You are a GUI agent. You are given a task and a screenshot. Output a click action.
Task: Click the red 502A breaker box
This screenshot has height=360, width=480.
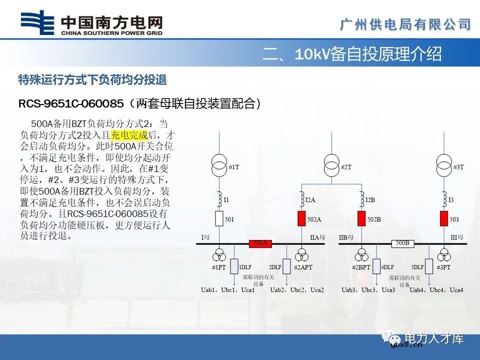click(302, 219)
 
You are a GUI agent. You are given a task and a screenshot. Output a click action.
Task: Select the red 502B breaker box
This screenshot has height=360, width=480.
click(361, 219)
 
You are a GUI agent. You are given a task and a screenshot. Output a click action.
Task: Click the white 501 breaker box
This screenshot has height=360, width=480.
click(218, 219)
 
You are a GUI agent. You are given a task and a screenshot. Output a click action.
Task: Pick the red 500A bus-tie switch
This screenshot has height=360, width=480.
click(260, 243)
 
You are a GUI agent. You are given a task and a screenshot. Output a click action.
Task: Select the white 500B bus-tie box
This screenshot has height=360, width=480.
click(402, 243)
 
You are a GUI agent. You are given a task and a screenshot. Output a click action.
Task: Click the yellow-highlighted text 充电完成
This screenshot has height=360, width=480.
click(129, 135)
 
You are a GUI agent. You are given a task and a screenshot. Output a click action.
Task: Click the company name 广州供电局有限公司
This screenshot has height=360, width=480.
click(405, 23)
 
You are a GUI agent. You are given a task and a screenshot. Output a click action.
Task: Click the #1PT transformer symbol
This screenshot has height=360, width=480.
click(218, 256)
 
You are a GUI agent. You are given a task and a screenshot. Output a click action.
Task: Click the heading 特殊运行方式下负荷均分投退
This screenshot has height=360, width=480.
click(92, 79)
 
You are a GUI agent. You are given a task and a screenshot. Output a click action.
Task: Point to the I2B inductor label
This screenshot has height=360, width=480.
click(370, 200)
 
